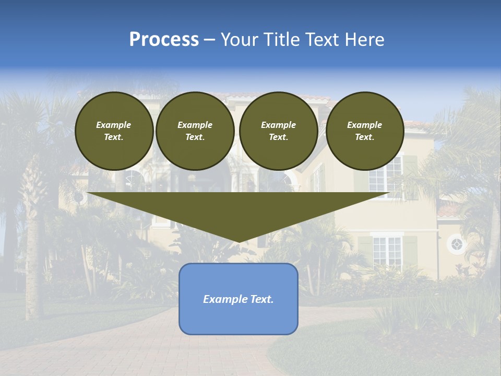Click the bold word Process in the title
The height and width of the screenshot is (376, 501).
coord(164,40)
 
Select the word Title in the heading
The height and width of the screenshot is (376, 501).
coord(281,40)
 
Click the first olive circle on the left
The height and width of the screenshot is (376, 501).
coord(114,131)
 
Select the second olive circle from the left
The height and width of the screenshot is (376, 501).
coord(195,131)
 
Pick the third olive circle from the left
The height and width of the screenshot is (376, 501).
coord(279,131)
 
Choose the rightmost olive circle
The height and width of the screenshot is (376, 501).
coord(365,131)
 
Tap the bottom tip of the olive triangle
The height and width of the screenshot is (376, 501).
coord(238,242)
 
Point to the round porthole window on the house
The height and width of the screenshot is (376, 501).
coord(457,244)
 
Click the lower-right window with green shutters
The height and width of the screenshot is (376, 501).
coord(387,251)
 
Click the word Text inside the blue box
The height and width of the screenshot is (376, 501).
coord(262,299)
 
